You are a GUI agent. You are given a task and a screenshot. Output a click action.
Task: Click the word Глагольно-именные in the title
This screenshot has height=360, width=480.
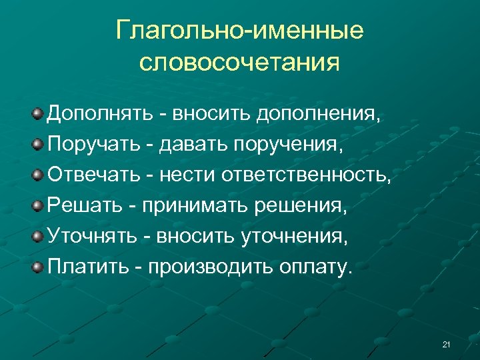point(239,31)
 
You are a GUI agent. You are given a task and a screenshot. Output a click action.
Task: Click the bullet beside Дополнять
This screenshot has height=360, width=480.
point(39,115)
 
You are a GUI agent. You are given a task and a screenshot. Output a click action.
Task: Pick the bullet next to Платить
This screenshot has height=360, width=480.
point(39,267)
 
